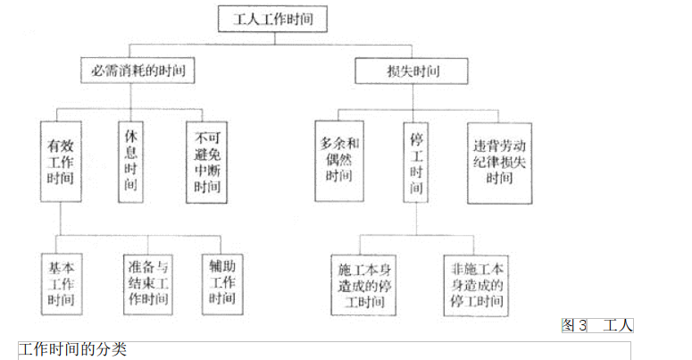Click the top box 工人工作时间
[272, 17]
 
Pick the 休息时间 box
[131, 160]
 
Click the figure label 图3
[574, 325]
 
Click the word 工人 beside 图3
[618, 325]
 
